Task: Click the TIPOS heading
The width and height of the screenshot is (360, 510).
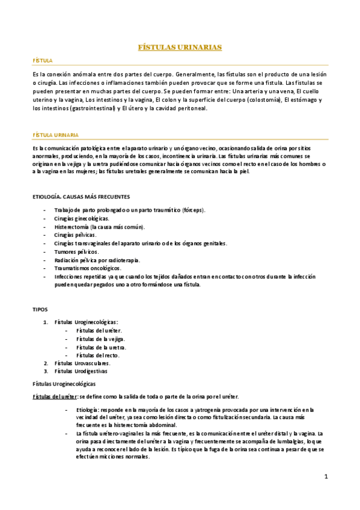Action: [x=40, y=309]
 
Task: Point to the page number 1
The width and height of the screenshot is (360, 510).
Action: [x=326, y=477]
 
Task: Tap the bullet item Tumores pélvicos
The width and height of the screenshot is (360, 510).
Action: [x=76, y=251]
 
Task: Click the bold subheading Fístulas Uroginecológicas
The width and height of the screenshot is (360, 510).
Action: [x=64, y=383]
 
